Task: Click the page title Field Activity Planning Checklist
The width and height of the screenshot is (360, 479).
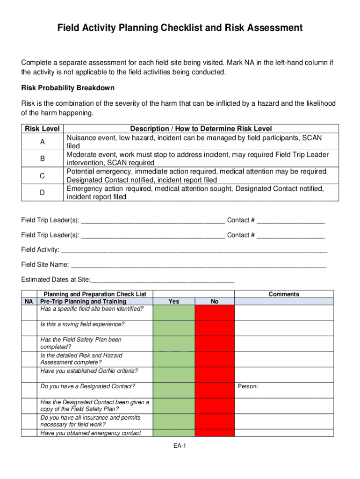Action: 180,28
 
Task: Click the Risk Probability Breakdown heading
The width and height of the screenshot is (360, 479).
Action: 68,88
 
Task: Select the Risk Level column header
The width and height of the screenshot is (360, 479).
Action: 42,129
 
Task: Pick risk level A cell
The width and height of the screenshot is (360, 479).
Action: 42,142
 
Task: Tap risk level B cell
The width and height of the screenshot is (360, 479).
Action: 42,159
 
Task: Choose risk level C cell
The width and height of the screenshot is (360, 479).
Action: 42,176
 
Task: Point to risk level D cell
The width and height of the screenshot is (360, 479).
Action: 42,193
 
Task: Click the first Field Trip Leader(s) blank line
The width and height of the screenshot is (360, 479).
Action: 153,221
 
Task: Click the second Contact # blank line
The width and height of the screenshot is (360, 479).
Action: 290,236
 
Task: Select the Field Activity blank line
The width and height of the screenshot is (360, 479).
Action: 194,250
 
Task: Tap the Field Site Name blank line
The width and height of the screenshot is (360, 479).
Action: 199,265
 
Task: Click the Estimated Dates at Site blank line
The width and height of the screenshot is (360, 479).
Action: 162,280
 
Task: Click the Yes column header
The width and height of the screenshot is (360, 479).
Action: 173,301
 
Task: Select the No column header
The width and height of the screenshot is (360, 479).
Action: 214,301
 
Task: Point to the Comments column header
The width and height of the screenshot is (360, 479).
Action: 283,294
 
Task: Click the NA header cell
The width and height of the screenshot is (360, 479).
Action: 29,302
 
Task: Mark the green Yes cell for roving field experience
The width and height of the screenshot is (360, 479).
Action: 173,328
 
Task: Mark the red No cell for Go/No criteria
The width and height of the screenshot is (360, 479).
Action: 214,374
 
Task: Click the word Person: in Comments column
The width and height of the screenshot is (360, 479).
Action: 248,387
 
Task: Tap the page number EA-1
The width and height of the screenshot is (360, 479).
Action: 180,446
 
